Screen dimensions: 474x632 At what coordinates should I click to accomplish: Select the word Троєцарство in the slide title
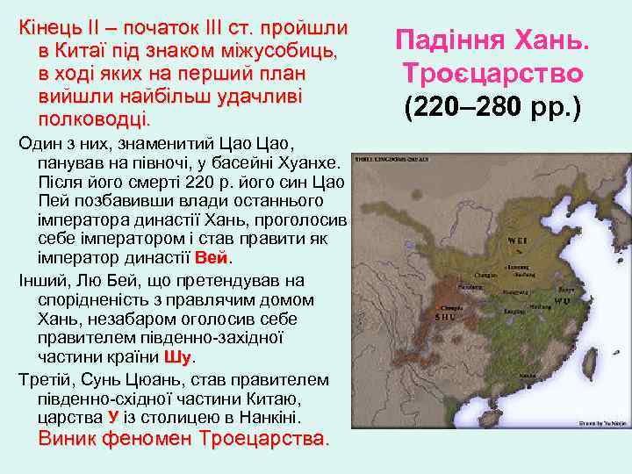492,72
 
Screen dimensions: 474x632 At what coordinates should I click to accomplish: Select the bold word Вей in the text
212,259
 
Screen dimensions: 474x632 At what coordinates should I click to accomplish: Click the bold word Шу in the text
176,357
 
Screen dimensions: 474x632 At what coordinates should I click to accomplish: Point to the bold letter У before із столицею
112,417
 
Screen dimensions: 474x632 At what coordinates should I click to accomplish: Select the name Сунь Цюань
120,380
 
